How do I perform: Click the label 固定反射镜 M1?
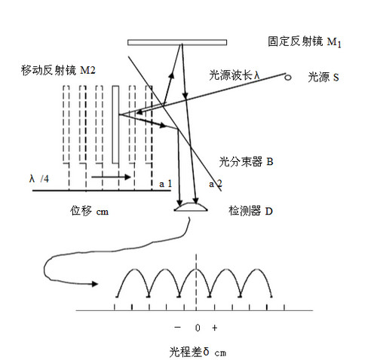(305, 42)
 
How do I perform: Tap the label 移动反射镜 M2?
(58, 70)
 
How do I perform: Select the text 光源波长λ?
(234, 75)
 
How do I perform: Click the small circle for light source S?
(288, 78)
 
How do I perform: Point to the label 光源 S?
(323, 77)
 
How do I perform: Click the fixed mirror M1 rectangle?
(177, 42)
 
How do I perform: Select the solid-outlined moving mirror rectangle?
(115, 124)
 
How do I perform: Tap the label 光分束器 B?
(246, 162)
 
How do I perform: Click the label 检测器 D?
(250, 211)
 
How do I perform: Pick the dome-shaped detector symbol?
(191, 206)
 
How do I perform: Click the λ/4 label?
(39, 178)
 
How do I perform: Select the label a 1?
(165, 184)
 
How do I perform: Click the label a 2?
(216, 184)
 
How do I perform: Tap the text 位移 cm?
(90, 211)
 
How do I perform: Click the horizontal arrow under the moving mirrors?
(111, 177)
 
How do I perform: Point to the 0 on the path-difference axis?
(198, 328)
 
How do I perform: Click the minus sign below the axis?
(177, 328)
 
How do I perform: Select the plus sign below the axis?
(214, 328)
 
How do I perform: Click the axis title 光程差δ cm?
(198, 352)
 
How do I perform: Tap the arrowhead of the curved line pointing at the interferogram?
(95, 284)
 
